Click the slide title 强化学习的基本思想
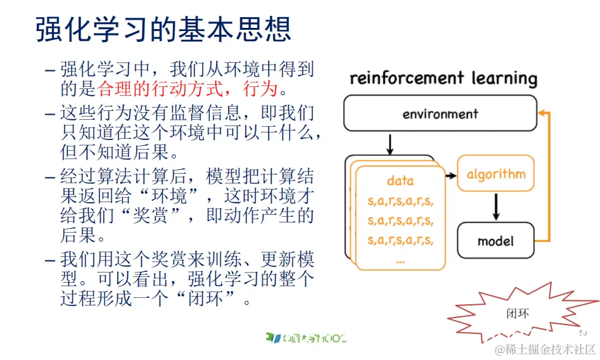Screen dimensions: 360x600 [163, 30]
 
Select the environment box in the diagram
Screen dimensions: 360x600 [440, 114]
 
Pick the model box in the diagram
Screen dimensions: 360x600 [495, 241]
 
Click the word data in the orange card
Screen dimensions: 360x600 [400, 181]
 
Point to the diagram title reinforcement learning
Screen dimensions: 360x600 [443, 79]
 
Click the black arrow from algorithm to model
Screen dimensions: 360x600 [496, 206]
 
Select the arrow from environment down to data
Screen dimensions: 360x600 [390, 144]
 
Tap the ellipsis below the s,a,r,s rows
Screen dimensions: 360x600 [400, 260]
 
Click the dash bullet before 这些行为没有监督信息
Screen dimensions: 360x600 [50, 114]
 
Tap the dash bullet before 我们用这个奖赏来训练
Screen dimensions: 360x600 [50, 260]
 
